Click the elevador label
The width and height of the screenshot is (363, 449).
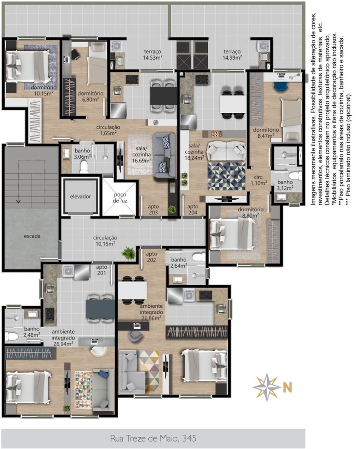point(80,196)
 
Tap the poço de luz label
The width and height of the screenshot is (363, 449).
point(120,198)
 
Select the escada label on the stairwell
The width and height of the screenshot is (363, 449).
point(32,236)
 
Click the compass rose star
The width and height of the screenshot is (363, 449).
point(266,387)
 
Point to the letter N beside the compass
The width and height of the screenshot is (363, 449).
point(287,387)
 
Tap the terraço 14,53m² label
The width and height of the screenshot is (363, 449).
point(153,54)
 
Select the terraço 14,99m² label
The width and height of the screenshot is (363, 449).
point(232,54)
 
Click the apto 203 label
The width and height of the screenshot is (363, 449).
point(153,210)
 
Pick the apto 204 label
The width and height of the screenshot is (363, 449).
point(193,210)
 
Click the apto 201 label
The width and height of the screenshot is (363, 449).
point(102,270)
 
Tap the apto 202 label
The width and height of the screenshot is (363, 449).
point(151,257)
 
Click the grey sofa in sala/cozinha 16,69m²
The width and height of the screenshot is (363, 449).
point(164,156)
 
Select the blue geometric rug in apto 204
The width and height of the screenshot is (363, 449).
point(227,176)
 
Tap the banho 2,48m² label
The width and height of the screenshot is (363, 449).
point(32,332)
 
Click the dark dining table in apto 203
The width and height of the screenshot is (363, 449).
point(163,96)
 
